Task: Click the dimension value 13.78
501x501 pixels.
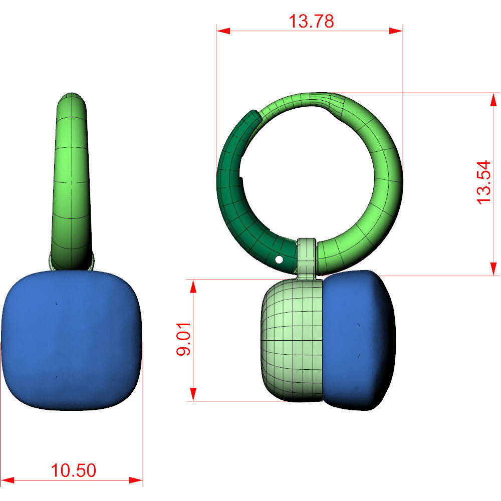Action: (311, 21)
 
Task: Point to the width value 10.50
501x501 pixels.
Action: (73, 470)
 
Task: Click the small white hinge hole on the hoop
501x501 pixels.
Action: (279, 260)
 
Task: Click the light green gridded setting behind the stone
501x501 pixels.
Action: (292, 341)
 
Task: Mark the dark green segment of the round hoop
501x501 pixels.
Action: (235, 200)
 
